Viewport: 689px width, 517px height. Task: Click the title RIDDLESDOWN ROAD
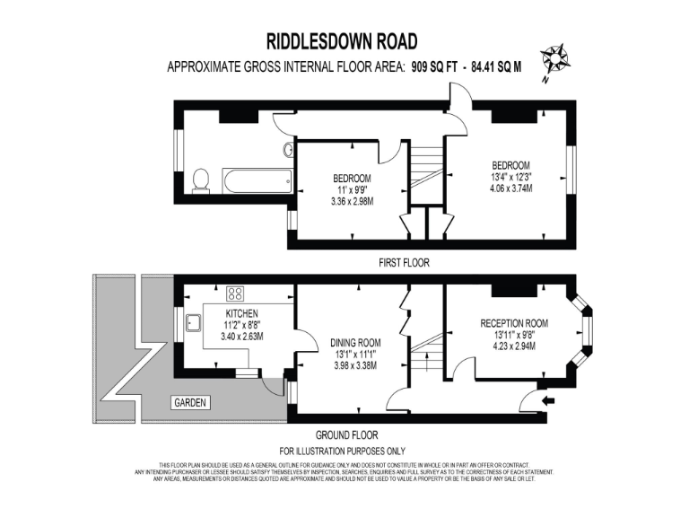point(342,41)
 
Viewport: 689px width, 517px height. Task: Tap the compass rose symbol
point(554,61)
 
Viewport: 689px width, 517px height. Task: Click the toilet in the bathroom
point(202,180)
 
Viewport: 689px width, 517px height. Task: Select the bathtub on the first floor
point(257,181)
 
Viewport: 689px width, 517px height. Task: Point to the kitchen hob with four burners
point(237,293)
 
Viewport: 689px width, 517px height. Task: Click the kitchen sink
point(193,321)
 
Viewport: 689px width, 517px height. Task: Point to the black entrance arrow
point(549,399)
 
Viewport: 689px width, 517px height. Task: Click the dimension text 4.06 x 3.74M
point(512,189)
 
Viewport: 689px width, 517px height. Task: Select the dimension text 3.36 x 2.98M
point(352,202)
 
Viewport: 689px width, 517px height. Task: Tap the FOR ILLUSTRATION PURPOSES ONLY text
point(342,450)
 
